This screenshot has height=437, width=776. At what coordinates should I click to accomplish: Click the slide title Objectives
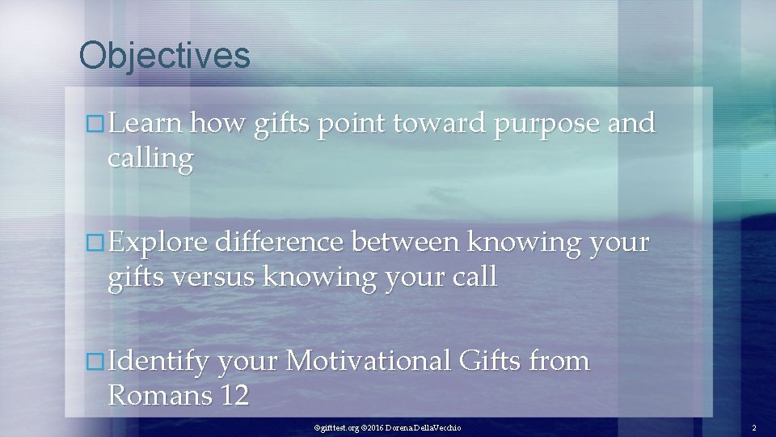165,56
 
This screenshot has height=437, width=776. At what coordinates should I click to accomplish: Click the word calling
150,159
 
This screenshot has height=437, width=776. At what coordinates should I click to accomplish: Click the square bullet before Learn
95,125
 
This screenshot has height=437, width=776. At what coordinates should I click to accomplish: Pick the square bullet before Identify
95,362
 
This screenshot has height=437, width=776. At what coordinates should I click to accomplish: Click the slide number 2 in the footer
753,426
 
